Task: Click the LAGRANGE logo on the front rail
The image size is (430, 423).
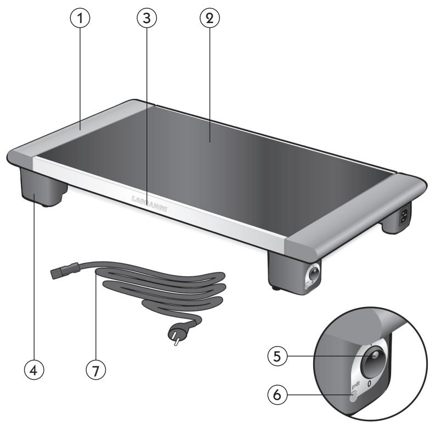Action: (x=149, y=203)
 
